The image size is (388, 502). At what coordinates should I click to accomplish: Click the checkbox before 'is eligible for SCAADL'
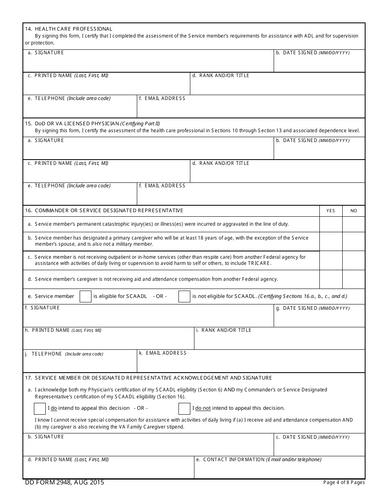pyautogui.click(x=85, y=296)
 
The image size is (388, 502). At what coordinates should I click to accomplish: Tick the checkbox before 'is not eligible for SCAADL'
pyautogui.click(x=184, y=296)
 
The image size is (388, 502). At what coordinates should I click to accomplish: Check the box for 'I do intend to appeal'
pyautogui.click(x=40, y=408)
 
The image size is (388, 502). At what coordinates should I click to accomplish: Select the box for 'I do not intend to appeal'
pyautogui.click(x=184, y=408)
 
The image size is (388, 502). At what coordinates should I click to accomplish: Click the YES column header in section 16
pyautogui.click(x=330, y=211)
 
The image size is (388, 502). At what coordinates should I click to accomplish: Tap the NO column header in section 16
pyautogui.click(x=354, y=211)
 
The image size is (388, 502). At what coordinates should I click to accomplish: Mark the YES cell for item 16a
pyautogui.click(x=330, y=224)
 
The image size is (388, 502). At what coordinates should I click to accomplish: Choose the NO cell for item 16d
pyautogui.click(x=354, y=279)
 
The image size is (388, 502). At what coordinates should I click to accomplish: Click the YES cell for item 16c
pyautogui.click(x=330, y=260)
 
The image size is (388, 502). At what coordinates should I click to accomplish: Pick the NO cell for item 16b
pyautogui.click(x=354, y=241)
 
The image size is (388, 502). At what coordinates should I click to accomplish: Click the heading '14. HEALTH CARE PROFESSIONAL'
pyautogui.click(x=69, y=29)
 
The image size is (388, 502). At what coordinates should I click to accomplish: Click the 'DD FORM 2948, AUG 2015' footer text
pyautogui.click(x=65, y=482)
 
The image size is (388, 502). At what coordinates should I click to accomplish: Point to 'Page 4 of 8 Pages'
pyautogui.click(x=344, y=482)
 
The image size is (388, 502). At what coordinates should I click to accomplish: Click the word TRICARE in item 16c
pyautogui.click(x=259, y=263)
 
